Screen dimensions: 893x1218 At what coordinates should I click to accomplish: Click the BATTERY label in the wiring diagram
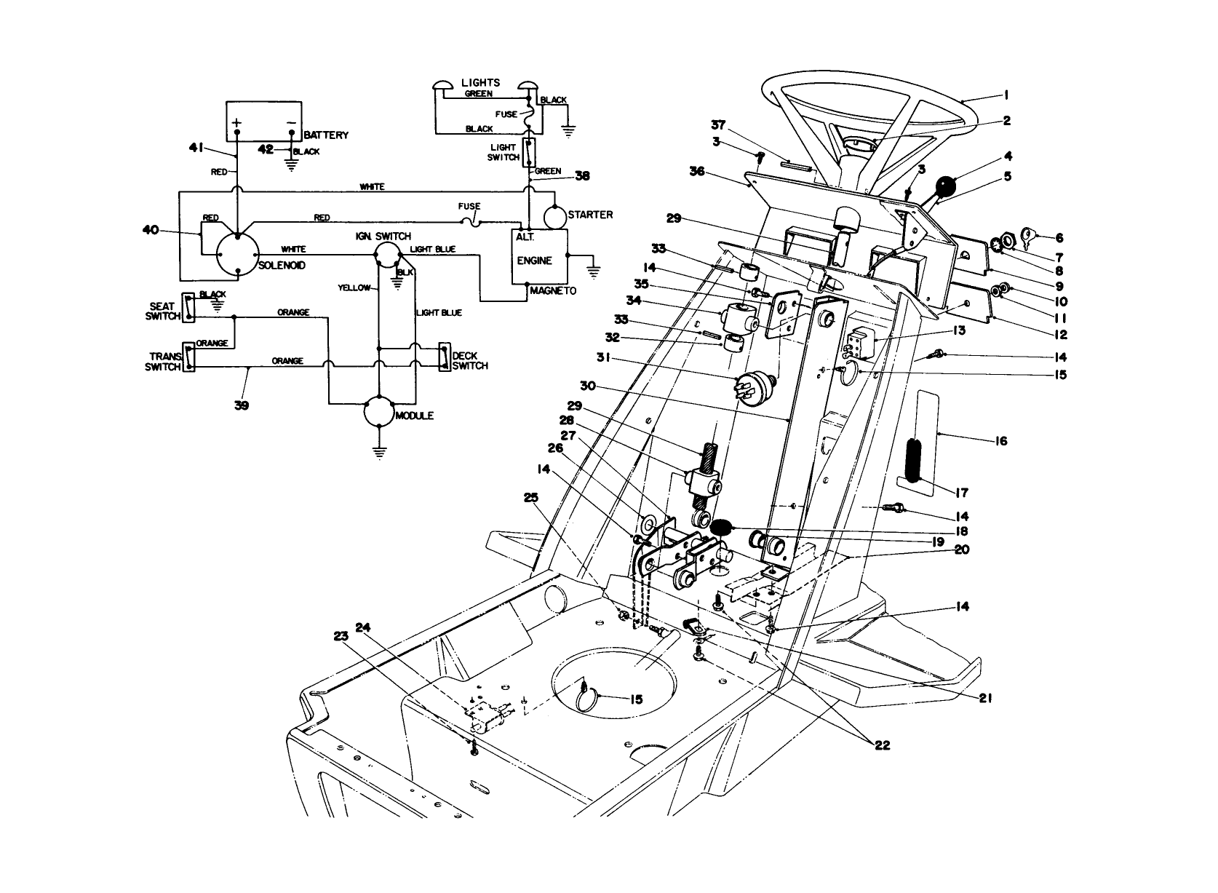(326, 135)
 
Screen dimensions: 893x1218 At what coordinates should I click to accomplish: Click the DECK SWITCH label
(469, 361)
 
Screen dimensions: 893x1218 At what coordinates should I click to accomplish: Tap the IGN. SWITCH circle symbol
(386, 254)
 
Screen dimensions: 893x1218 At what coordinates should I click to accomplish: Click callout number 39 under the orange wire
(242, 405)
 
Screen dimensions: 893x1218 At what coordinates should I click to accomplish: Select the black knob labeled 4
(945, 188)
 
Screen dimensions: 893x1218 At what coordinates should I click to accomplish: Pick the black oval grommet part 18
(720, 526)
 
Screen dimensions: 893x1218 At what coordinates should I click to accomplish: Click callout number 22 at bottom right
(882, 745)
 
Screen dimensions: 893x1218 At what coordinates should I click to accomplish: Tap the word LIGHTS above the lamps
(481, 83)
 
